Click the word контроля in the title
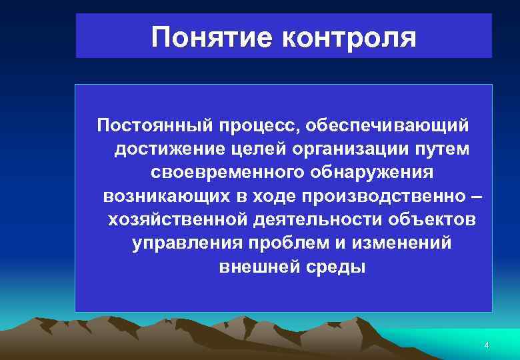pos(349,37)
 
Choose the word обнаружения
pos(371,172)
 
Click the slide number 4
pos(486,345)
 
